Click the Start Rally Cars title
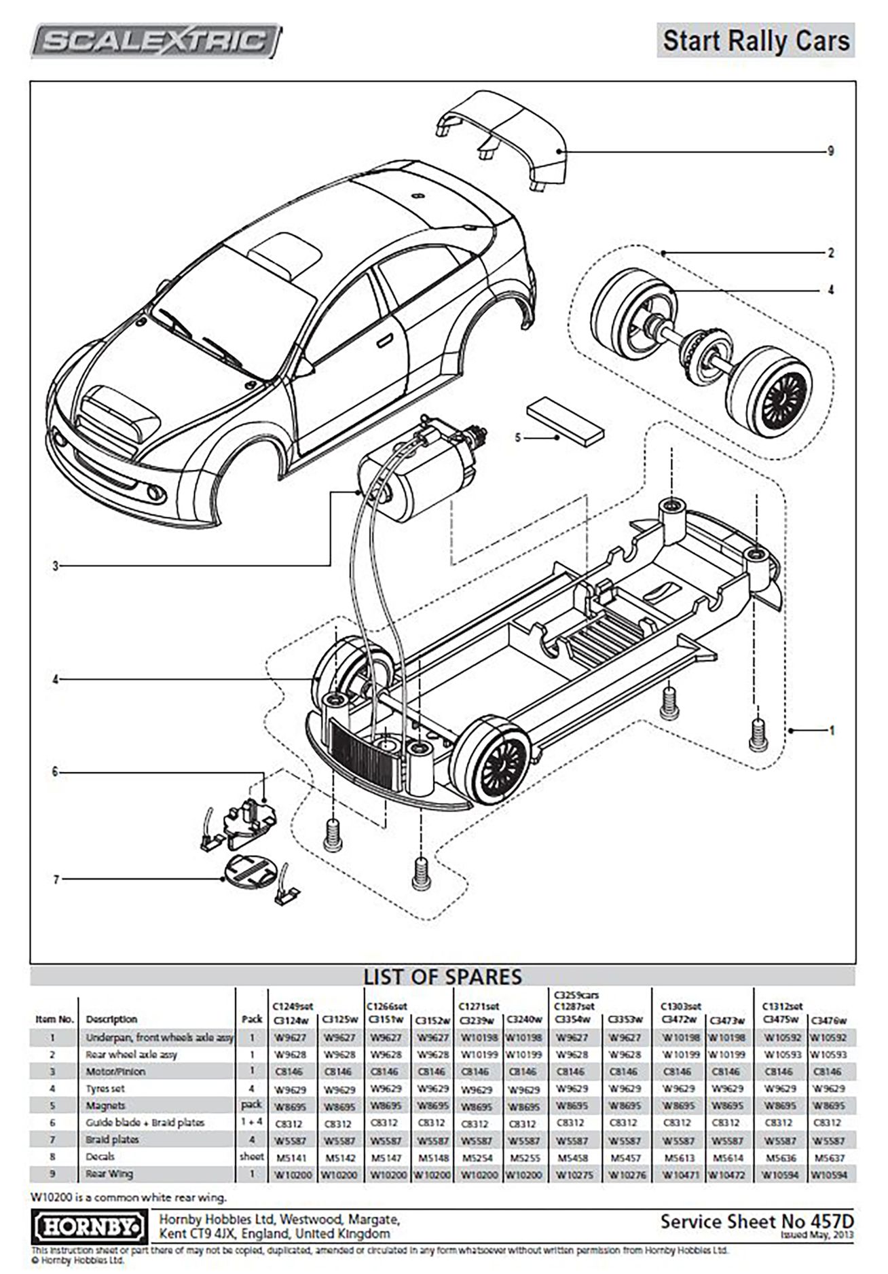click(756, 41)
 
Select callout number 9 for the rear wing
click(830, 151)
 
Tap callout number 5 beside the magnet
click(518, 438)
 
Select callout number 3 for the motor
click(56, 566)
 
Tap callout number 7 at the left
click(56, 879)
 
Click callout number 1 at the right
click(832, 731)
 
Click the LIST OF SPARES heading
click(443, 977)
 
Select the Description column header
click(111, 1019)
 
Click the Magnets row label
click(105, 1106)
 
